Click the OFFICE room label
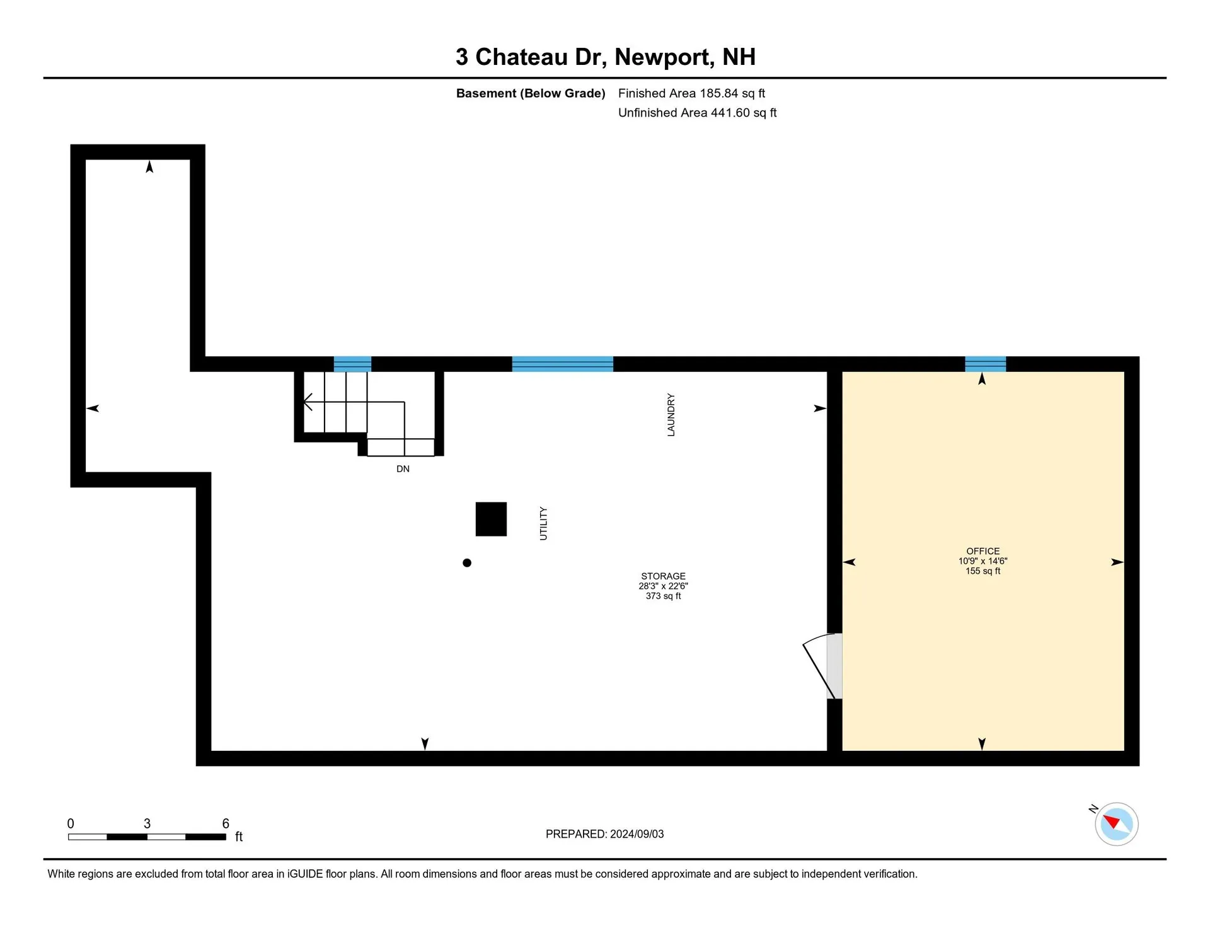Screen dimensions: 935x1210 (x=982, y=551)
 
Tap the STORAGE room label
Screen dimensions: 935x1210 (x=663, y=576)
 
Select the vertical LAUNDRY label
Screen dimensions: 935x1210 (x=671, y=415)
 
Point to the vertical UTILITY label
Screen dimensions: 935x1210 (x=543, y=523)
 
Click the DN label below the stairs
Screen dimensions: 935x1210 (x=403, y=469)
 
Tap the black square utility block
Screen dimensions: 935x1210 (x=491, y=519)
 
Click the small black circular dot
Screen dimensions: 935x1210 (x=467, y=563)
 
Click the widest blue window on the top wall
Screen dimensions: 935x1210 (x=562, y=364)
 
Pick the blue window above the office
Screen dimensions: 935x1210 (x=985, y=364)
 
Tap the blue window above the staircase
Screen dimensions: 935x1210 (x=352, y=364)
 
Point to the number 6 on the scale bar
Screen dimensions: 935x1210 (x=226, y=823)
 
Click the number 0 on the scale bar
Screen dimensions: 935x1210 (x=71, y=823)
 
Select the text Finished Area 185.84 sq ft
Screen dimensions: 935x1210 (x=691, y=93)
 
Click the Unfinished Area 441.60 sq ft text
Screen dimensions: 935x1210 (x=697, y=113)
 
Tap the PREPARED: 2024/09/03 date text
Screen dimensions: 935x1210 (x=604, y=834)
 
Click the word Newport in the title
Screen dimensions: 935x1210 (x=664, y=57)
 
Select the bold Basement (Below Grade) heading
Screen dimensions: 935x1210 (x=531, y=93)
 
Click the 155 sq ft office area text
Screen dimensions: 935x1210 (x=982, y=571)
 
